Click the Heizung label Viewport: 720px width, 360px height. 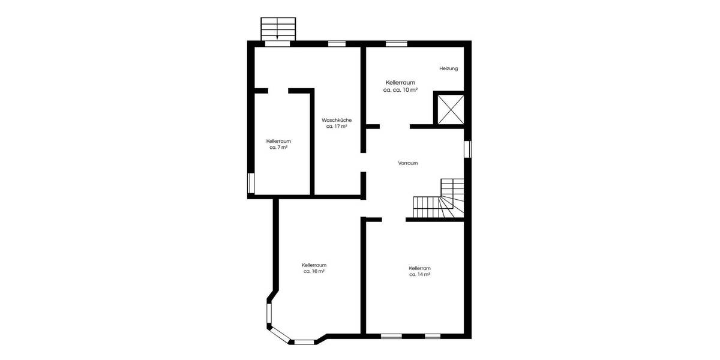point(448,68)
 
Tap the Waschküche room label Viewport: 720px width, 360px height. point(337,119)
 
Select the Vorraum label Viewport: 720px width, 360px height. point(408,163)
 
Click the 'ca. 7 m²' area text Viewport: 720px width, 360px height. point(278,148)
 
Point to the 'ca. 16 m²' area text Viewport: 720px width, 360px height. point(314,271)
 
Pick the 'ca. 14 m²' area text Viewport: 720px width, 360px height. point(420,275)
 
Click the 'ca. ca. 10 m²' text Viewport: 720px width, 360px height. point(400,89)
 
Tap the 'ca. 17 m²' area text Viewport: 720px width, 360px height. point(337,127)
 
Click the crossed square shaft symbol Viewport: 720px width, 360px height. point(449,109)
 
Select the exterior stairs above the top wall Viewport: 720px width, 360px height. point(278,29)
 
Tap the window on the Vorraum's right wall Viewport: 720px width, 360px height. point(468,148)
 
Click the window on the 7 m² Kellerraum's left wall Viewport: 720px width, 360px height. point(251,182)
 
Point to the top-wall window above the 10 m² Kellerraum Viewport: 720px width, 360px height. point(396,43)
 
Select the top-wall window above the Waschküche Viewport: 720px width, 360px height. point(337,43)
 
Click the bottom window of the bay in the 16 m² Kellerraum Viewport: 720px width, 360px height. point(304,342)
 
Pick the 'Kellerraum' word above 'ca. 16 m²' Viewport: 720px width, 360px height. point(314,265)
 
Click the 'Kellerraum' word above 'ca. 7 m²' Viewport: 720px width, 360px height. point(278,141)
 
